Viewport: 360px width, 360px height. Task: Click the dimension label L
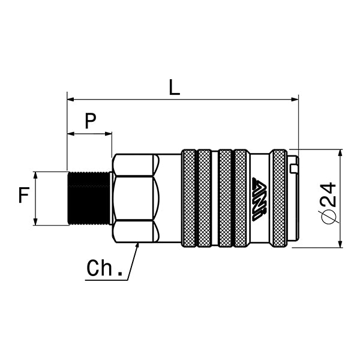(x=174, y=87)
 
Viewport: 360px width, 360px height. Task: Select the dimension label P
(x=90, y=121)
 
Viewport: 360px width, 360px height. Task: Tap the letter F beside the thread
(x=23, y=196)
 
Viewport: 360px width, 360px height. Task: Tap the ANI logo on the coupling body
(x=259, y=199)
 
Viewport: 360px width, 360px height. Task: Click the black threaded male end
(x=89, y=199)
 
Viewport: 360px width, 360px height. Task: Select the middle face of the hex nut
(x=136, y=199)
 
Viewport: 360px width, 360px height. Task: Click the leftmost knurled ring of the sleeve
(x=188, y=199)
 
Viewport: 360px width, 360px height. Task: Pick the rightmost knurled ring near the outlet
(x=278, y=199)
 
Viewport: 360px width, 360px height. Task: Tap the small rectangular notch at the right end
(x=293, y=169)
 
